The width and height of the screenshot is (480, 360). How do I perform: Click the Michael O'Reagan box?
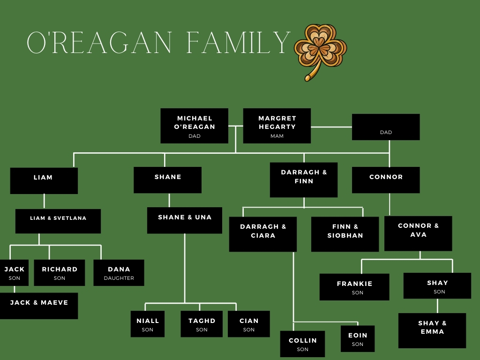tap(194, 126)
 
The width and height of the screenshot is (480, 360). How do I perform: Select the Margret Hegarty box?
tap(277, 126)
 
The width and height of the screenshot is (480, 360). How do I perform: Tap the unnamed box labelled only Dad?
tap(386, 127)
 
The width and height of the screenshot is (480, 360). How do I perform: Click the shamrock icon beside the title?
tap(320, 51)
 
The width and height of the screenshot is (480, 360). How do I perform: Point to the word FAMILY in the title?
tap(239, 44)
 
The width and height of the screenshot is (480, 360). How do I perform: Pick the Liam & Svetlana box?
tap(58, 221)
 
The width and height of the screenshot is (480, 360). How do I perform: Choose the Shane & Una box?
tap(185, 220)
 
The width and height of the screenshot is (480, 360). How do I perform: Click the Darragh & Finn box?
tap(304, 180)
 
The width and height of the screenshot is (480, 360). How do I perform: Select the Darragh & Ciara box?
tap(263, 234)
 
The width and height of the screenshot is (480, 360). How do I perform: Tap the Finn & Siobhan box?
tap(345, 234)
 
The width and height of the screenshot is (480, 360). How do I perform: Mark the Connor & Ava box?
tap(418, 233)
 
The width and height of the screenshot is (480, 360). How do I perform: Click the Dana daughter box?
tap(119, 273)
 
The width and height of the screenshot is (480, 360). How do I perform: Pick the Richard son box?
tap(60, 273)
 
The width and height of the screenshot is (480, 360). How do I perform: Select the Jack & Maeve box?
tap(39, 306)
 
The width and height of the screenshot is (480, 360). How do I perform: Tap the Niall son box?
tap(148, 324)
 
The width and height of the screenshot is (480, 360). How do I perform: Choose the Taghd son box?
tap(202, 324)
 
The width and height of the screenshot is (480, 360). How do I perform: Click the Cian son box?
tap(249, 324)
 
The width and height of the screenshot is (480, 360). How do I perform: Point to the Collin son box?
tap(302, 344)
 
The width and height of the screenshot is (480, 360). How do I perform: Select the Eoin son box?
tap(358, 338)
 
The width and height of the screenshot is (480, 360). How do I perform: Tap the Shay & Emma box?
tap(432, 330)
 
